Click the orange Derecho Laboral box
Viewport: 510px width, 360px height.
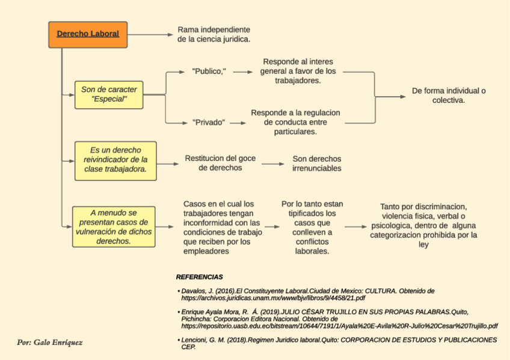(x=88, y=34)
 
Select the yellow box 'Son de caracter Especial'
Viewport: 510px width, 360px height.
(x=109, y=94)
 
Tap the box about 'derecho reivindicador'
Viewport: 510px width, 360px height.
(x=115, y=160)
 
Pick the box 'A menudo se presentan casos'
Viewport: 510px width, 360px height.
(x=114, y=227)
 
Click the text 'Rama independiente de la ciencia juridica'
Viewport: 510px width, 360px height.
(x=214, y=34)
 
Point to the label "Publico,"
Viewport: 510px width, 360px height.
(x=209, y=72)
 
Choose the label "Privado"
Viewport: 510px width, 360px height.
(x=209, y=122)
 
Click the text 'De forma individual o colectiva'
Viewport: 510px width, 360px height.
(x=449, y=96)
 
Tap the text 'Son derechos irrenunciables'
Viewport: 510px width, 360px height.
(x=316, y=163)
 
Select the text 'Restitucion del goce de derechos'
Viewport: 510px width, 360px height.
(x=220, y=163)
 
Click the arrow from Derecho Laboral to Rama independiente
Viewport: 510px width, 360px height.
(x=150, y=34)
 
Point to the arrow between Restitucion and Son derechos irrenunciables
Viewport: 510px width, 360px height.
(x=273, y=163)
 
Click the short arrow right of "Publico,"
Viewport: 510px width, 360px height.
(x=242, y=72)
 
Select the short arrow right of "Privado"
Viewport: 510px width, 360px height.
(x=238, y=122)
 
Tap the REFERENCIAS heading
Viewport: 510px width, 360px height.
(x=199, y=277)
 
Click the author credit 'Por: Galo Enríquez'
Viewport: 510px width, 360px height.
(x=50, y=343)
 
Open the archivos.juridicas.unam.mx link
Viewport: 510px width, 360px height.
(x=273, y=297)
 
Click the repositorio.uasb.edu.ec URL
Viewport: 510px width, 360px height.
(x=339, y=326)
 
